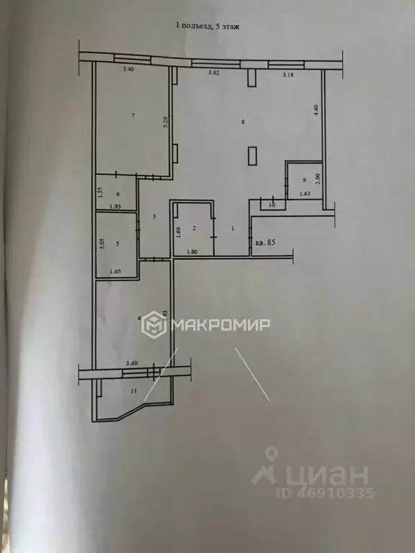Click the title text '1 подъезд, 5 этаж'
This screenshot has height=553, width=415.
click(x=208, y=26)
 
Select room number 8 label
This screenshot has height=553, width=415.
click(x=244, y=122)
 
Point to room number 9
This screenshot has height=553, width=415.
click(x=305, y=180)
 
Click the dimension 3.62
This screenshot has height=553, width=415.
click(x=214, y=73)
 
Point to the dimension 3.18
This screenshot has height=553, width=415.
click(x=288, y=75)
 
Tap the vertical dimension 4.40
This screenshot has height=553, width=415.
click(x=315, y=112)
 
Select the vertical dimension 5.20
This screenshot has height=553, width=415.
click(x=166, y=122)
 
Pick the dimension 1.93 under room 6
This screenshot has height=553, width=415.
click(x=115, y=207)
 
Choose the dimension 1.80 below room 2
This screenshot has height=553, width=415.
click(x=192, y=251)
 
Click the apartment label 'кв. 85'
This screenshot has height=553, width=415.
click(x=265, y=243)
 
